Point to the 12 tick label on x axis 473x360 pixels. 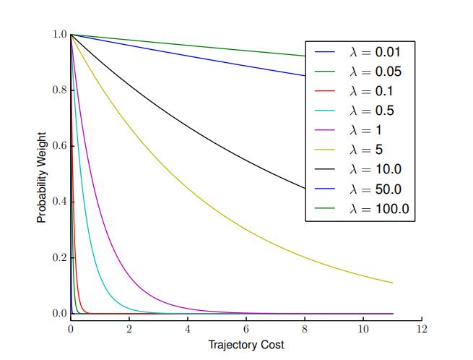coord(422,329)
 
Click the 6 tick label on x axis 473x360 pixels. coord(246,329)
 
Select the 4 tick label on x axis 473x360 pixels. coord(188,329)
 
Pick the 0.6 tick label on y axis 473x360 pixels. coord(59,146)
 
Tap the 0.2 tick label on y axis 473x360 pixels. coord(59,258)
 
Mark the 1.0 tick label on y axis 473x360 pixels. coord(59,34)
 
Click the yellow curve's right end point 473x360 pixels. coord(392,283)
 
